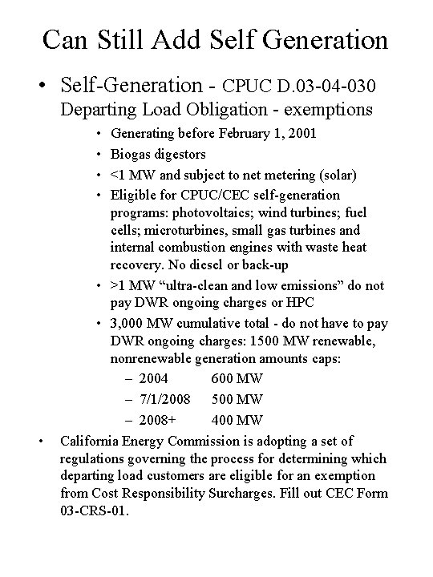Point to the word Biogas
[131, 153]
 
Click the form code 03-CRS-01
[94, 510]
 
